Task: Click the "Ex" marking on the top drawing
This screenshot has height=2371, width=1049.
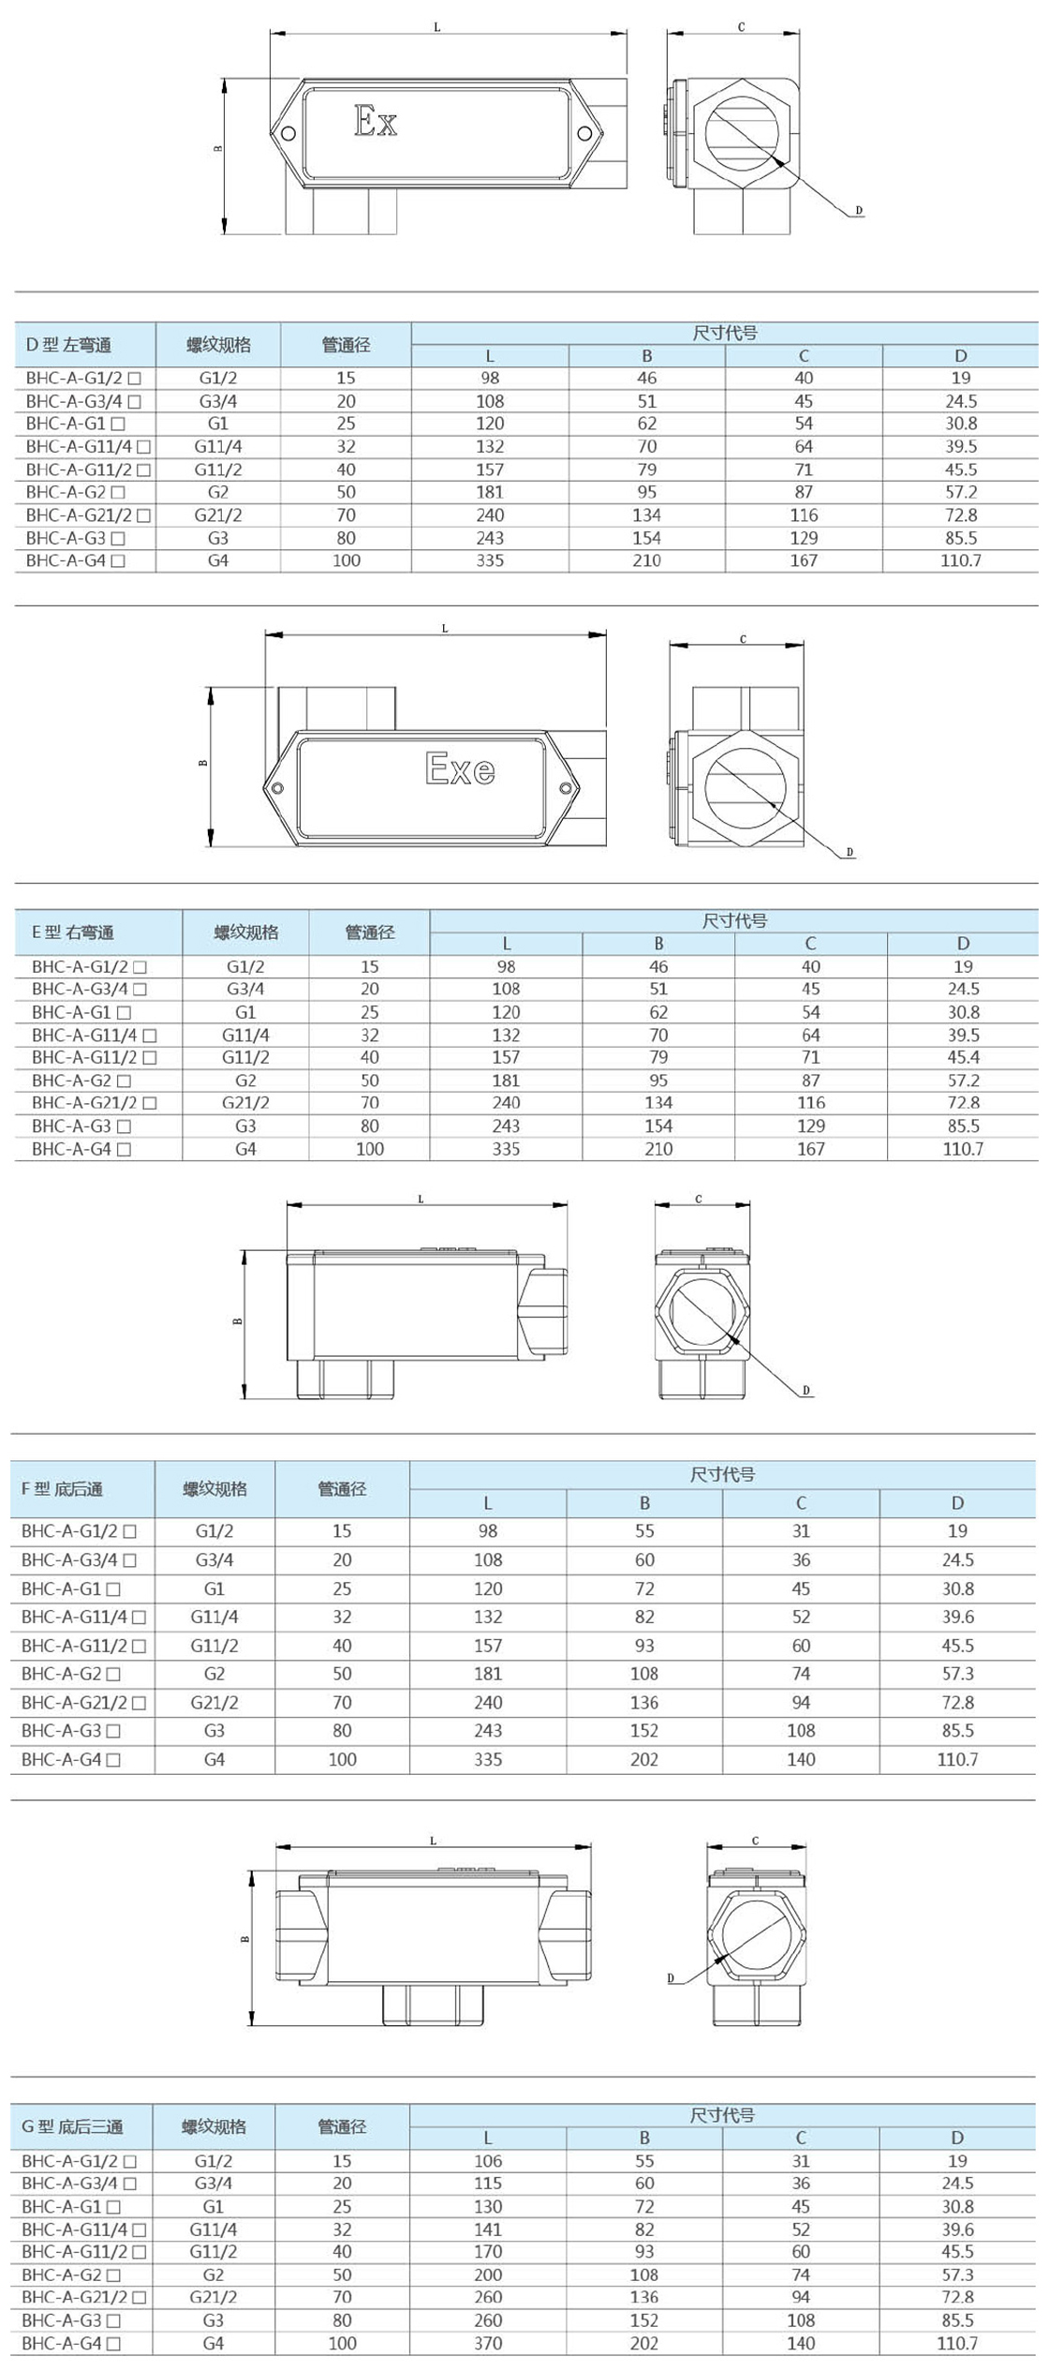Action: click(x=376, y=121)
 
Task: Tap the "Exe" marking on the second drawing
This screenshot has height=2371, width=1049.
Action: click(x=460, y=768)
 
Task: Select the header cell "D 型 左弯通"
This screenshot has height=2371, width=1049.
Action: click(x=68, y=345)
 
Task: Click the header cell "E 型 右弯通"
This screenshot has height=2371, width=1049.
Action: click(x=73, y=932)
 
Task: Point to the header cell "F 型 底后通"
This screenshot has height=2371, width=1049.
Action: click(x=62, y=1489)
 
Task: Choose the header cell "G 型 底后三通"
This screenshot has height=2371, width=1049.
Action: click(x=72, y=2126)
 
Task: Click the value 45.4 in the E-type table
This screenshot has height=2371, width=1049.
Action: click(x=963, y=1057)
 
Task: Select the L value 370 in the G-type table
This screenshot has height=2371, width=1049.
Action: click(x=488, y=2343)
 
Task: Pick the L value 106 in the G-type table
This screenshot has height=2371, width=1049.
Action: click(x=488, y=2160)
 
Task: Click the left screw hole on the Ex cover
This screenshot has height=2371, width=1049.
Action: click(x=288, y=133)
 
